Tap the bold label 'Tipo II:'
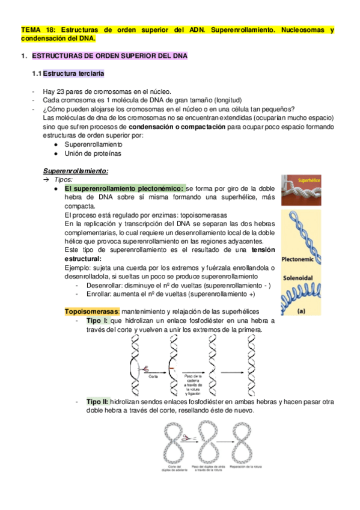click(99, 401)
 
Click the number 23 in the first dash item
click(62, 90)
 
